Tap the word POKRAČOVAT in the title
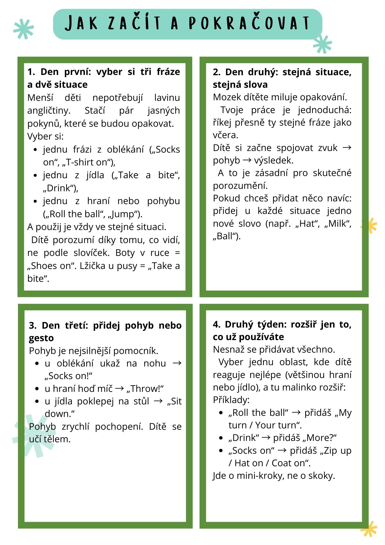point(249,23)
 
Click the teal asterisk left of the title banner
point(24,29)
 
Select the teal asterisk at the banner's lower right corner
point(323,44)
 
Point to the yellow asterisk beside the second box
point(369,225)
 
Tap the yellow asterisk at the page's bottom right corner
point(369,529)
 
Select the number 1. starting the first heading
point(31,72)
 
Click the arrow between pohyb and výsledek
point(247,160)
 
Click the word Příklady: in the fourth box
point(231,400)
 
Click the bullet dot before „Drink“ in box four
point(221,438)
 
